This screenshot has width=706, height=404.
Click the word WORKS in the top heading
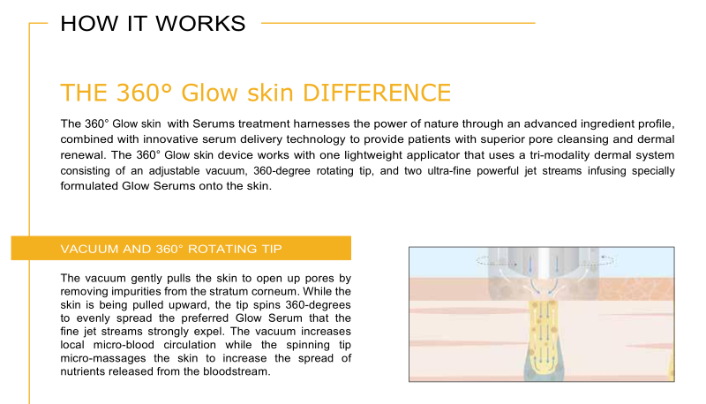pyautogui.click(x=200, y=24)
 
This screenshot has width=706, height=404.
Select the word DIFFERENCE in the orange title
pyautogui.click(x=377, y=93)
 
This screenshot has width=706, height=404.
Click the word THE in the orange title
pyautogui.click(x=84, y=93)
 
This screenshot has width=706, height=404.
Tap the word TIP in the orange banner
pyautogui.click(x=271, y=249)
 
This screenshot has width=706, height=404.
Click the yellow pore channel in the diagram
pyautogui.click(x=545, y=339)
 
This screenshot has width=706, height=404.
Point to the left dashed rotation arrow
pyautogui.click(x=495, y=260)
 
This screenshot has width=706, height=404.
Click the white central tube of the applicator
pyautogui.click(x=544, y=266)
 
